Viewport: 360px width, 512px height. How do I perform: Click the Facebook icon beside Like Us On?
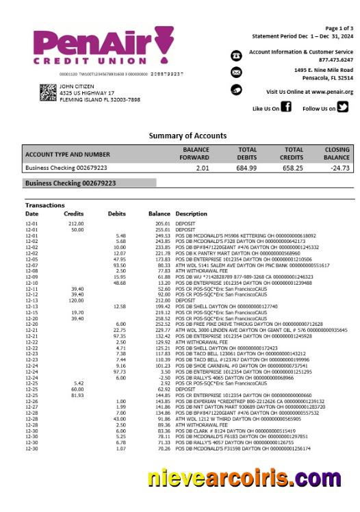(287, 107)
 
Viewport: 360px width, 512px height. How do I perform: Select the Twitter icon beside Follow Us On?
(343, 107)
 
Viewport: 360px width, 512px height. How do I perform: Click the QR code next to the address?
(48, 92)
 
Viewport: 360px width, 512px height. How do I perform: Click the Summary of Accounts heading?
(187, 136)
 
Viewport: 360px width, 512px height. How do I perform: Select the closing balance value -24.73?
(339, 167)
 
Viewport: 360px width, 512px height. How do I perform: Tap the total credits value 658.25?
(294, 167)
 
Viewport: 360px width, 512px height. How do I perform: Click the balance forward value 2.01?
(202, 167)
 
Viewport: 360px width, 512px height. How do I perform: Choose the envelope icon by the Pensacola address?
(236, 73)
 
